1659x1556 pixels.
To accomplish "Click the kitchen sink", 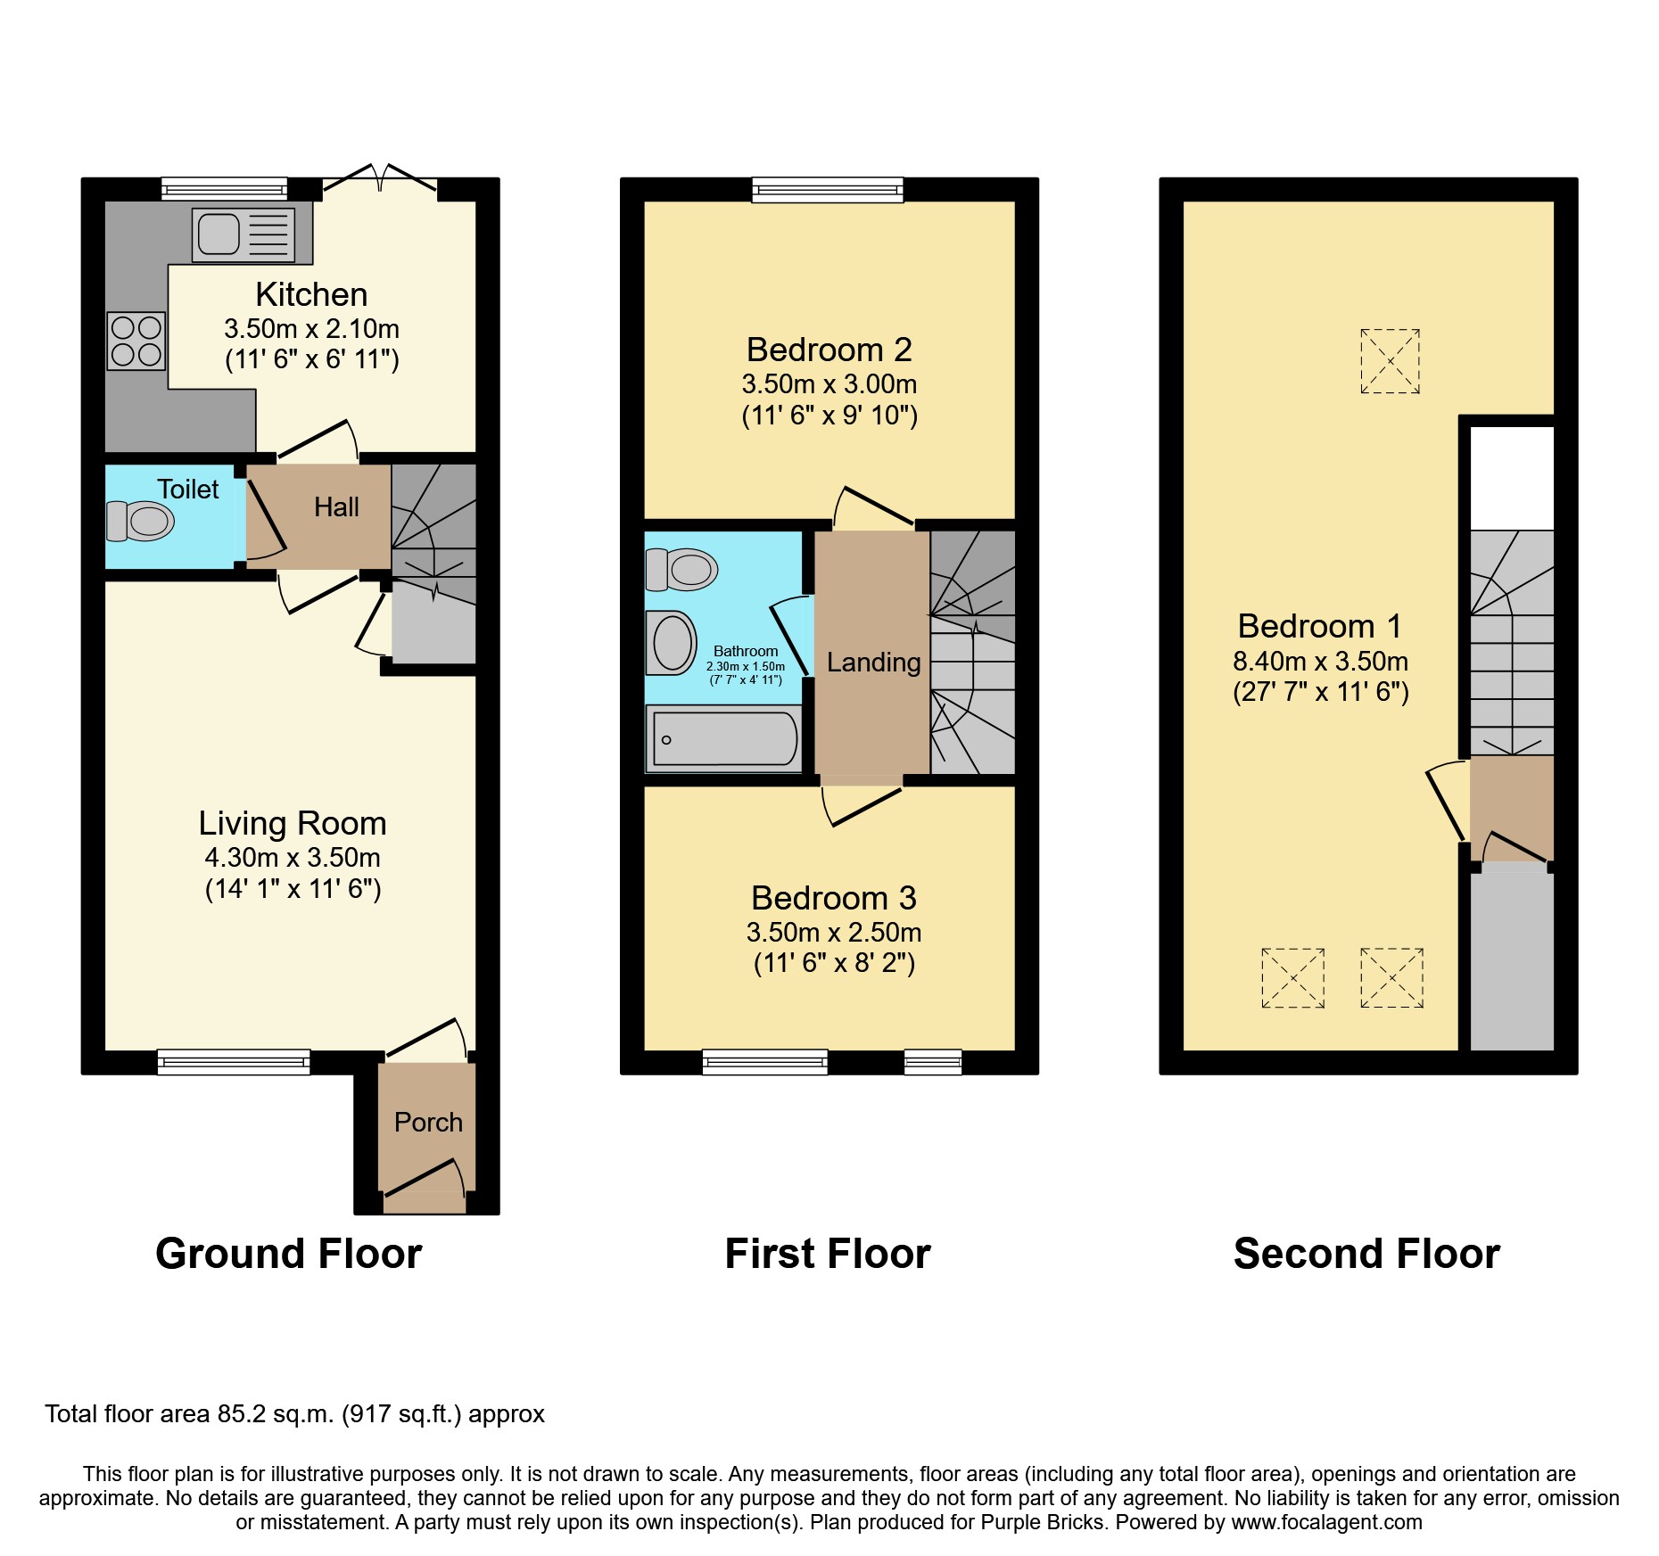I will pos(243,235).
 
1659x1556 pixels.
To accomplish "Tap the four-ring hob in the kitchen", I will pos(136,341).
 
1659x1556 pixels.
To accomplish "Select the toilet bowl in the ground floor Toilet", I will pos(140,521).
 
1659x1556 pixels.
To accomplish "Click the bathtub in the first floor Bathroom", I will pos(724,739).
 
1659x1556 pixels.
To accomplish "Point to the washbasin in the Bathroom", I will pos(672,643).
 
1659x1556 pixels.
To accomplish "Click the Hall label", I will pos(336,507).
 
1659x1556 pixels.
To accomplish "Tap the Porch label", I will pos(428,1122).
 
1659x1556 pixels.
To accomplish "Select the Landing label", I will pos(873,663).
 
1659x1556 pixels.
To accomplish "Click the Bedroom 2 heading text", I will pos(829,350).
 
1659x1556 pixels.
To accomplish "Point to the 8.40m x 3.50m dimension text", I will pos(1320,662).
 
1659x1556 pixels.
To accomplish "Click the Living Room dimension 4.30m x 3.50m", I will pos(293,858).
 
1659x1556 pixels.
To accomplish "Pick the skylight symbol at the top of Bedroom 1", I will pos(1390,361).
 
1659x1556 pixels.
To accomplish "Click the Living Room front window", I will pos(234,1061).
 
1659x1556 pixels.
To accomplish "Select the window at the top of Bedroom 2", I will pos(827,189).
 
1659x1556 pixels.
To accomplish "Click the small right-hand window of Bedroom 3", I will pos(933,1061).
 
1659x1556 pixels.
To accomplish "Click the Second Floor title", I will pos(1366,1254).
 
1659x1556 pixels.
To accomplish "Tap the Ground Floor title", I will pos(288,1254).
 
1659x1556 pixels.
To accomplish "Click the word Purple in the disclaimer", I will pos(1012,1522).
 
